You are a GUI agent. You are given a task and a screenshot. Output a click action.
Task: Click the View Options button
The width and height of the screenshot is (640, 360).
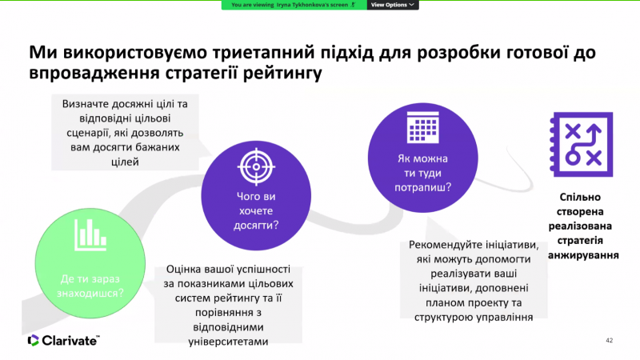click(393, 5)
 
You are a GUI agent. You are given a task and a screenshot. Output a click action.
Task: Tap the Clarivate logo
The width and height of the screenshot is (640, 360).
click(63, 341)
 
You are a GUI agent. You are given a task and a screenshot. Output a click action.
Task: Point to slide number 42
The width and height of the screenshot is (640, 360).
click(609, 341)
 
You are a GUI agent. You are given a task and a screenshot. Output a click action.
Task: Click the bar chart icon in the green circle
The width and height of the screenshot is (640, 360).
click(90, 234)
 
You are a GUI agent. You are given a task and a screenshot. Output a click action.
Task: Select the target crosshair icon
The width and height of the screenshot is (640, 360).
click(256, 166)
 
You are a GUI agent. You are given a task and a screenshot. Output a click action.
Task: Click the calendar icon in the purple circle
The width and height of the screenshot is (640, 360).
click(423, 127)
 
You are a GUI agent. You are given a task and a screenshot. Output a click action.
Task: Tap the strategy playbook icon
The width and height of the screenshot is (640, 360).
click(582, 145)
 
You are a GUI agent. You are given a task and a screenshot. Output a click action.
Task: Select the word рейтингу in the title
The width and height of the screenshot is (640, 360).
click(282, 73)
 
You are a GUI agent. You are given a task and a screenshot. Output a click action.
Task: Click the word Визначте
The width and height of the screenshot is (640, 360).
click(86, 104)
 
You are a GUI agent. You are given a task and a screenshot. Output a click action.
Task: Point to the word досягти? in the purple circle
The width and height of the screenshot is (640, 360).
click(256, 226)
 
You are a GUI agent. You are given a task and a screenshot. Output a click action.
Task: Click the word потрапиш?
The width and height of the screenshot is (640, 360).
click(423, 187)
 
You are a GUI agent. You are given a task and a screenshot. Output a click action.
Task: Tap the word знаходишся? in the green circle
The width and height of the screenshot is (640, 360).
click(90, 293)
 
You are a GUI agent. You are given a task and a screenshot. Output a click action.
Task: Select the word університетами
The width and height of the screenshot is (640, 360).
click(228, 342)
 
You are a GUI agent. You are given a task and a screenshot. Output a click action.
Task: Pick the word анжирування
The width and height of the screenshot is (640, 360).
click(583, 255)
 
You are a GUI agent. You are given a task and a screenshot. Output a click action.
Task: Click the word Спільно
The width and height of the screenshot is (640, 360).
click(580, 197)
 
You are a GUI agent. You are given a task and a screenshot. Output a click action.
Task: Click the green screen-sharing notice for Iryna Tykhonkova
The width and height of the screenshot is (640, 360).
click(294, 5)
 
